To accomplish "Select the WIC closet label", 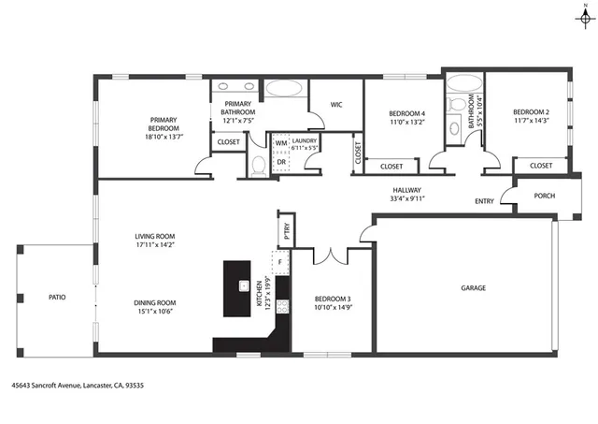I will pyautogui.click(x=336, y=105).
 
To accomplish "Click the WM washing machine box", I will pyautogui.click(x=280, y=143).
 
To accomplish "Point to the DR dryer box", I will pyautogui.click(x=280, y=161).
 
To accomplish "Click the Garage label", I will pyautogui.click(x=473, y=288).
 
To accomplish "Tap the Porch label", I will pyautogui.click(x=544, y=196).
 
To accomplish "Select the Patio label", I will pyautogui.click(x=57, y=297).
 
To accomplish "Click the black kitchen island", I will pyautogui.click(x=244, y=286).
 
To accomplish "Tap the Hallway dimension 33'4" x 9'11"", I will pyautogui.click(x=407, y=197).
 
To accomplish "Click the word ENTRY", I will pyautogui.click(x=484, y=200).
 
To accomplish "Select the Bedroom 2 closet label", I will pyautogui.click(x=540, y=166).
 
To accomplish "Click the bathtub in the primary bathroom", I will pyautogui.click(x=284, y=91).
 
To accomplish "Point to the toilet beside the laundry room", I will pyautogui.click(x=259, y=166).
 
